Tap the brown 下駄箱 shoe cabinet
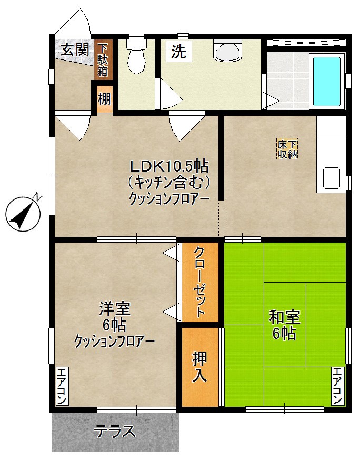coord(102,59)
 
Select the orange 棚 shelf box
coord(104,99)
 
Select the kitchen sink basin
coord(331,178)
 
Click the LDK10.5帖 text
coord(169,166)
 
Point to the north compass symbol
coord(24,214)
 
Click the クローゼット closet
coord(200,282)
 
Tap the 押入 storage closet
coord(199,366)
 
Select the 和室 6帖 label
coord(284,325)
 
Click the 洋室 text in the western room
coord(115,308)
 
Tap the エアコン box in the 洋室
coord(61,386)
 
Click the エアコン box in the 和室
coord(337,386)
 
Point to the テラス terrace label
coord(115,432)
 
